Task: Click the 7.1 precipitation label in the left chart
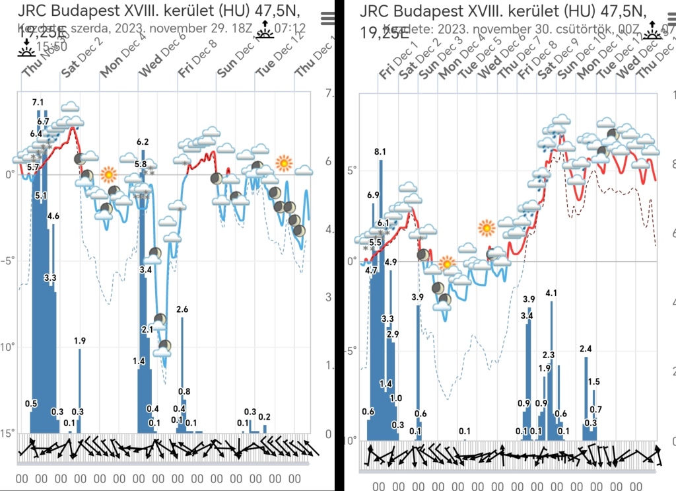pos(38,102)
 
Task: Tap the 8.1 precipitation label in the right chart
pos(380,152)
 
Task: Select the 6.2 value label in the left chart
pos(143,142)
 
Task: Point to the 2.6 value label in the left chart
pos(183,309)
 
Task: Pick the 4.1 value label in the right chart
pos(552,293)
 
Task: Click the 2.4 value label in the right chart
pos(586,349)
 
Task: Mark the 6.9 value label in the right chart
pos(373,196)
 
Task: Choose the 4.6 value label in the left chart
pos(53,215)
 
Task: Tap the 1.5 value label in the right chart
pos(593,382)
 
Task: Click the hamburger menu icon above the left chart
pos(327,19)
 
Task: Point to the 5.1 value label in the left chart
pos(41,196)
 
